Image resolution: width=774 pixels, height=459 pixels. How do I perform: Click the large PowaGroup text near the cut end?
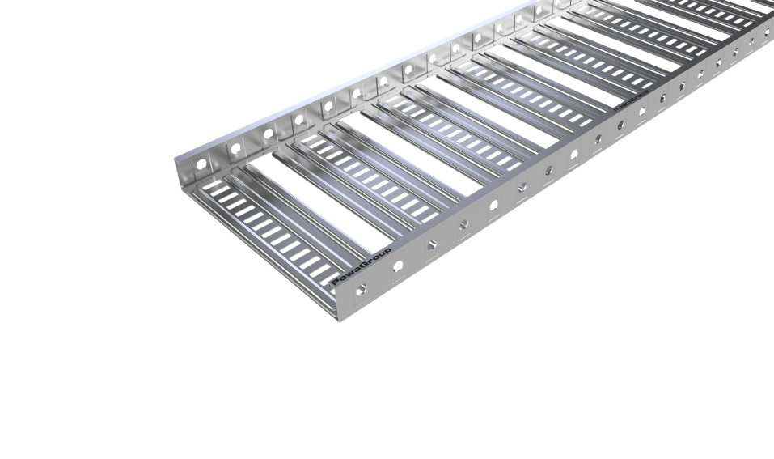[x=361, y=267]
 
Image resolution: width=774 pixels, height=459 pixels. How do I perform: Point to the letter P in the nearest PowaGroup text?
[x=335, y=282]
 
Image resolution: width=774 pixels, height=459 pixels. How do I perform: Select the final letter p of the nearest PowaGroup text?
[x=387, y=253]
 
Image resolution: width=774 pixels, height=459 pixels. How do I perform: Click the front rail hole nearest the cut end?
[x=362, y=289]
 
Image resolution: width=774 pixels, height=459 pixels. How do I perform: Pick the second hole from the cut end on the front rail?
[x=398, y=265]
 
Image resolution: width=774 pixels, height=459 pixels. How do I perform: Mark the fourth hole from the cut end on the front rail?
[x=463, y=223]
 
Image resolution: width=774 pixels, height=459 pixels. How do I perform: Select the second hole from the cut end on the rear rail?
[x=235, y=149]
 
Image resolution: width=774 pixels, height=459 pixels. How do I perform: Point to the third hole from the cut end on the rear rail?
[x=268, y=134]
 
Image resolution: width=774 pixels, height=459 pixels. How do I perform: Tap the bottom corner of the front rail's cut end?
[x=338, y=318]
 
